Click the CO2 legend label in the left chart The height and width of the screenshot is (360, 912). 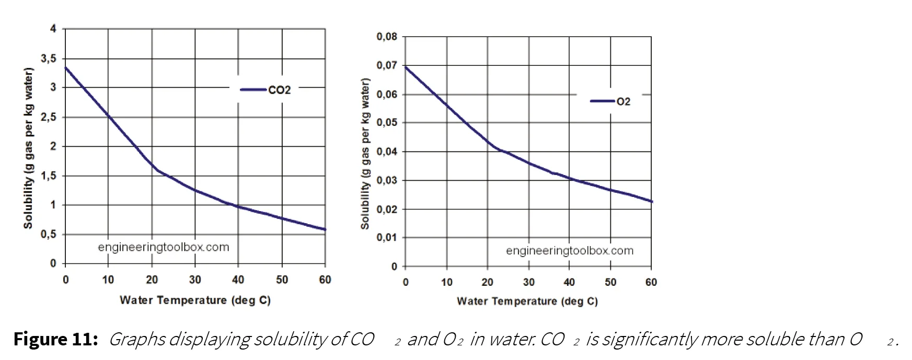279,90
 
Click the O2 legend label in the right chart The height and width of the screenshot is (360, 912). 624,101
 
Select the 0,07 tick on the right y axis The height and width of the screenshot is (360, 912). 387,66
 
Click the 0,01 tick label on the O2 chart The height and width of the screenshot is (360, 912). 387,238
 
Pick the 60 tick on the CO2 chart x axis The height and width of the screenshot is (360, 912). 325,280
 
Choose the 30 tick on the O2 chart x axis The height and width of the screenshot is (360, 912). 528,283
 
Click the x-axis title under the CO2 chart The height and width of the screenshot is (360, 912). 195,300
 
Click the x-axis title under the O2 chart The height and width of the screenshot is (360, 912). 527,301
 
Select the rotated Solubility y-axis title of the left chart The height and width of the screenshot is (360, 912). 28,148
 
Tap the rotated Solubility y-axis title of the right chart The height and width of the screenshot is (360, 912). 365,154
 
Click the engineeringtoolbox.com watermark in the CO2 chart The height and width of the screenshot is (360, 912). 164,247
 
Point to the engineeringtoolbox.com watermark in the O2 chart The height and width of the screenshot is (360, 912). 570,251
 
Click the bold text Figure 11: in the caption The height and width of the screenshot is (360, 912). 56,340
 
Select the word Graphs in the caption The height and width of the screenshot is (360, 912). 135,340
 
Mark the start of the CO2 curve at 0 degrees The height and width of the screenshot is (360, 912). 65,67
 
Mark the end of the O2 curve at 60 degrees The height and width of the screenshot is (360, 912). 652,202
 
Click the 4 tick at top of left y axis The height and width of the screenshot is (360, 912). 53,29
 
